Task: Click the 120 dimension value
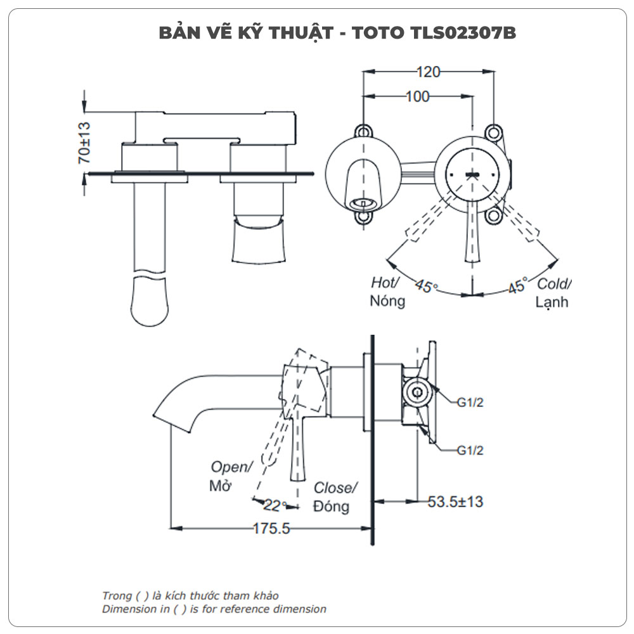pos(429,72)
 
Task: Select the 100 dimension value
pos(417,96)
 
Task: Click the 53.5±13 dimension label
pos(455,501)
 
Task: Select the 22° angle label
pos(274,505)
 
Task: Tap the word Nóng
pos(387,301)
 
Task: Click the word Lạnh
pos(552,302)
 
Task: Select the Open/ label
pos(231,467)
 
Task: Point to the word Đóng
pos(331,507)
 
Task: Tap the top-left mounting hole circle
pos(363,131)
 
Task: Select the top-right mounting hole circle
pos(493,131)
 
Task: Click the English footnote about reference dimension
pos(214,609)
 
